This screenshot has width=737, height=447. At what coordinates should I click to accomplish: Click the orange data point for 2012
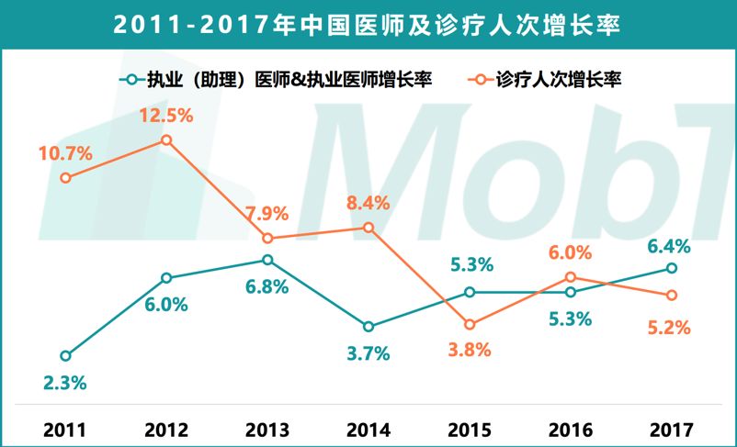click(x=166, y=140)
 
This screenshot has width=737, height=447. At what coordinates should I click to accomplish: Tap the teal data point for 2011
click(x=65, y=356)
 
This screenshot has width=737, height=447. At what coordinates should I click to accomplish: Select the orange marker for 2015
click(x=470, y=325)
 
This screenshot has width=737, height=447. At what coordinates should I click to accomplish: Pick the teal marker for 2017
click(x=672, y=268)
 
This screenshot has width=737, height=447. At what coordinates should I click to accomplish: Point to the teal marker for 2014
click(x=368, y=327)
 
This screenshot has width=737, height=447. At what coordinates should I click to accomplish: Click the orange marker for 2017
click(x=672, y=295)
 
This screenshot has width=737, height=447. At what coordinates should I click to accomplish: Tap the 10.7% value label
click(x=65, y=153)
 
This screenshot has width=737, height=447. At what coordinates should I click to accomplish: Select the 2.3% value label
click(x=65, y=383)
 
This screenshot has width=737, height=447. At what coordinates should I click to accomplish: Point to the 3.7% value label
click(x=368, y=353)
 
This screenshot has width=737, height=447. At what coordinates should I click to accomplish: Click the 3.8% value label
click(x=470, y=351)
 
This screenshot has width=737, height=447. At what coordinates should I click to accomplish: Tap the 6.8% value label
click(x=267, y=286)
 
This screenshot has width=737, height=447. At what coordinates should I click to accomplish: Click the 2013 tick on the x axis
click(x=267, y=429)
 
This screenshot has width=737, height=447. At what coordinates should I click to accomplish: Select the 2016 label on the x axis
click(x=571, y=429)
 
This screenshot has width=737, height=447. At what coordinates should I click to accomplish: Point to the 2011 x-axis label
click(x=65, y=429)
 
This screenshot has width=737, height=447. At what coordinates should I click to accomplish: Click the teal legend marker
click(x=131, y=80)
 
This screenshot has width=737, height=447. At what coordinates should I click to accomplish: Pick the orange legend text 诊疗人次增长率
click(x=560, y=80)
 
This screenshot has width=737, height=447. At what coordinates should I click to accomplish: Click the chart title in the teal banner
click(x=368, y=25)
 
